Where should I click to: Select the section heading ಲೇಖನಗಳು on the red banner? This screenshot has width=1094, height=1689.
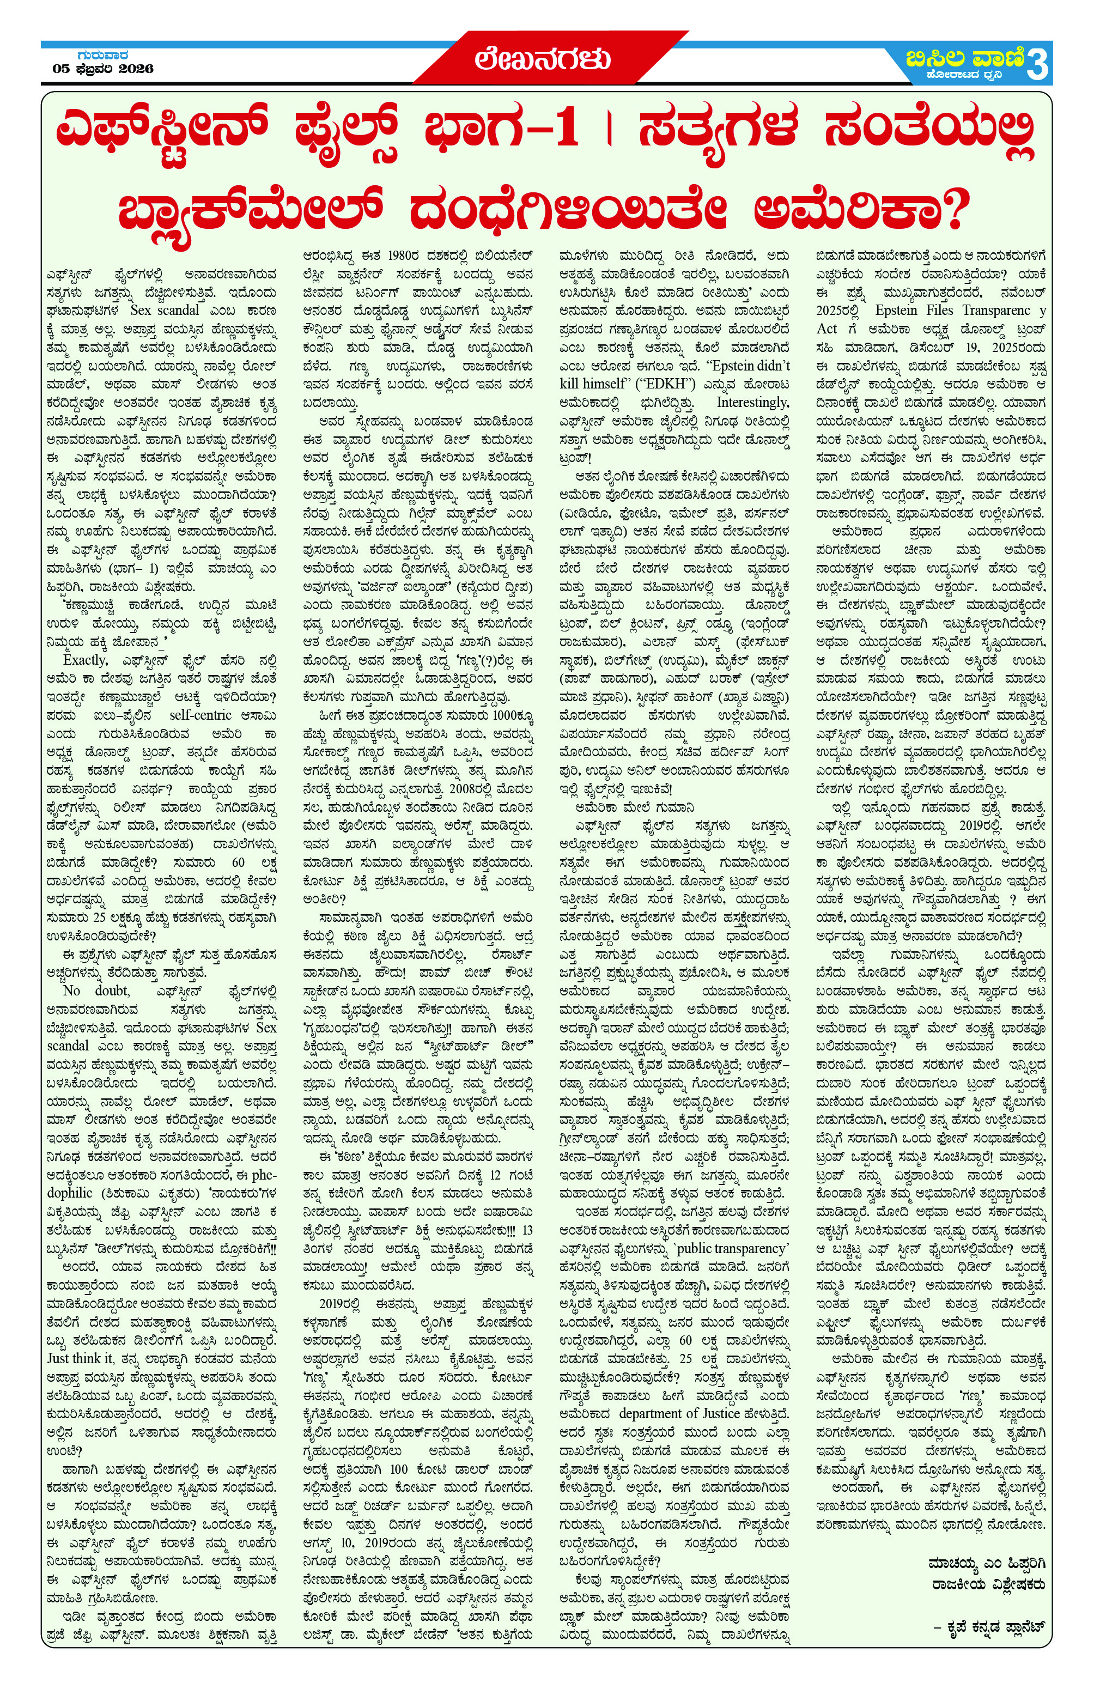pyautogui.click(x=543, y=59)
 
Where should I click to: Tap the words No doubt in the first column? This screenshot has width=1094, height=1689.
pyautogui.click(x=96, y=990)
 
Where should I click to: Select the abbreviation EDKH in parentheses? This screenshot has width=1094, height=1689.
pyautogui.click(x=643, y=384)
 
